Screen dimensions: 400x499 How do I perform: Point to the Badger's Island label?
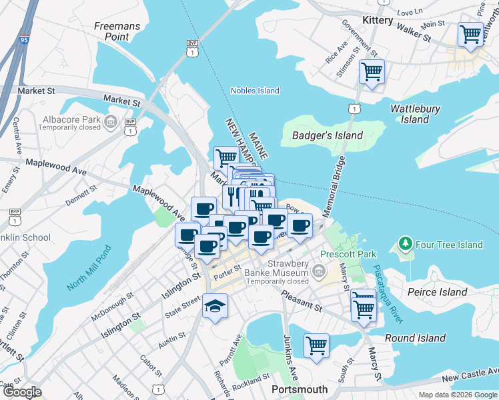coord(328,135)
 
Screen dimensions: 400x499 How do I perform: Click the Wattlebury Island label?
coord(415,113)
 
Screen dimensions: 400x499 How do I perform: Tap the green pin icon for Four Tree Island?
coord(404,245)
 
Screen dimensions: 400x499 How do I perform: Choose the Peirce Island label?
coord(437,292)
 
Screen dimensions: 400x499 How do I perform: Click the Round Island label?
coord(415,338)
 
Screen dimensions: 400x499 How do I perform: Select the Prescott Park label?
coord(348,254)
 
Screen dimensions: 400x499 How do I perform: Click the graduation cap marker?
coord(215,306)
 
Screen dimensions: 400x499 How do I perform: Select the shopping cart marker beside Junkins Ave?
coord(316,345)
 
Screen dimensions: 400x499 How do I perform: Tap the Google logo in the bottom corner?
coord(22,392)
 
